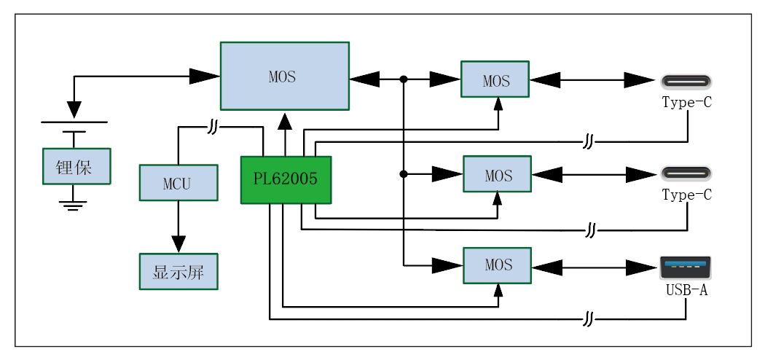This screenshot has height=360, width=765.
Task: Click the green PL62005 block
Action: (x=286, y=179)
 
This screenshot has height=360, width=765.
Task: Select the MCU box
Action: (x=178, y=182)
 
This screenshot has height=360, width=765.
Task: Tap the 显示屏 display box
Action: (x=178, y=272)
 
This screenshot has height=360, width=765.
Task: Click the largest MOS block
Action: (x=284, y=76)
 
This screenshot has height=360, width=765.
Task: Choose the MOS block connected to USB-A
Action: (x=498, y=265)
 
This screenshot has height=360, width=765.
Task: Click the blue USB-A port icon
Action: (x=685, y=267)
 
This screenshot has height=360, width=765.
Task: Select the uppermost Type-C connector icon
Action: (x=685, y=80)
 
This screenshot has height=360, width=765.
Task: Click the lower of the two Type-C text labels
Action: (x=686, y=195)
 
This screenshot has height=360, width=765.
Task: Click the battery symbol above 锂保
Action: (x=73, y=127)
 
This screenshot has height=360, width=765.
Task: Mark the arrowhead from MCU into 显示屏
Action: (x=178, y=243)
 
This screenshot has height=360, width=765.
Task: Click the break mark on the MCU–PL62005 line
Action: (x=211, y=128)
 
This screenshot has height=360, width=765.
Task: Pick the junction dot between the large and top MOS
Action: (x=403, y=79)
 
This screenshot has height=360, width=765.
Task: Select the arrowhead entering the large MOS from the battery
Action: (x=205, y=74)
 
